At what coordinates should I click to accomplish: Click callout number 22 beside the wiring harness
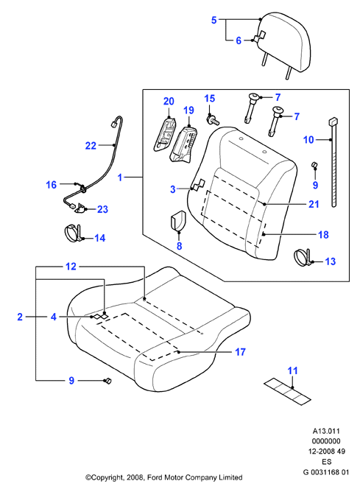tap(91, 146)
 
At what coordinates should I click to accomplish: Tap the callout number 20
tap(169, 102)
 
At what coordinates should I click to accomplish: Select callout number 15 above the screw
tap(210, 98)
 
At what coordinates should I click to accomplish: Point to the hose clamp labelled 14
tap(75, 234)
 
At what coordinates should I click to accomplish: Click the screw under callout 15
tap(213, 120)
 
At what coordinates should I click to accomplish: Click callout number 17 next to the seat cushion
tap(240, 352)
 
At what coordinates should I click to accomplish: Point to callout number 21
tap(314, 204)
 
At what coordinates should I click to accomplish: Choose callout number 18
tap(323, 235)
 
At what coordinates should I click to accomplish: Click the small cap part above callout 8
tap(178, 220)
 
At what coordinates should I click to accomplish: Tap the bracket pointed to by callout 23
tap(80, 208)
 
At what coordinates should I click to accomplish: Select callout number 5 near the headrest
tap(214, 20)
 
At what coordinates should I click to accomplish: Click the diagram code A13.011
tap(326, 431)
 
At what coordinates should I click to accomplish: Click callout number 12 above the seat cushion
tap(71, 267)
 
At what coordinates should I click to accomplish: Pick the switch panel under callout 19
tap(183, 144)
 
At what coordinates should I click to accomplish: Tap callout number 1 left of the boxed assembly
tap(120, 178)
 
